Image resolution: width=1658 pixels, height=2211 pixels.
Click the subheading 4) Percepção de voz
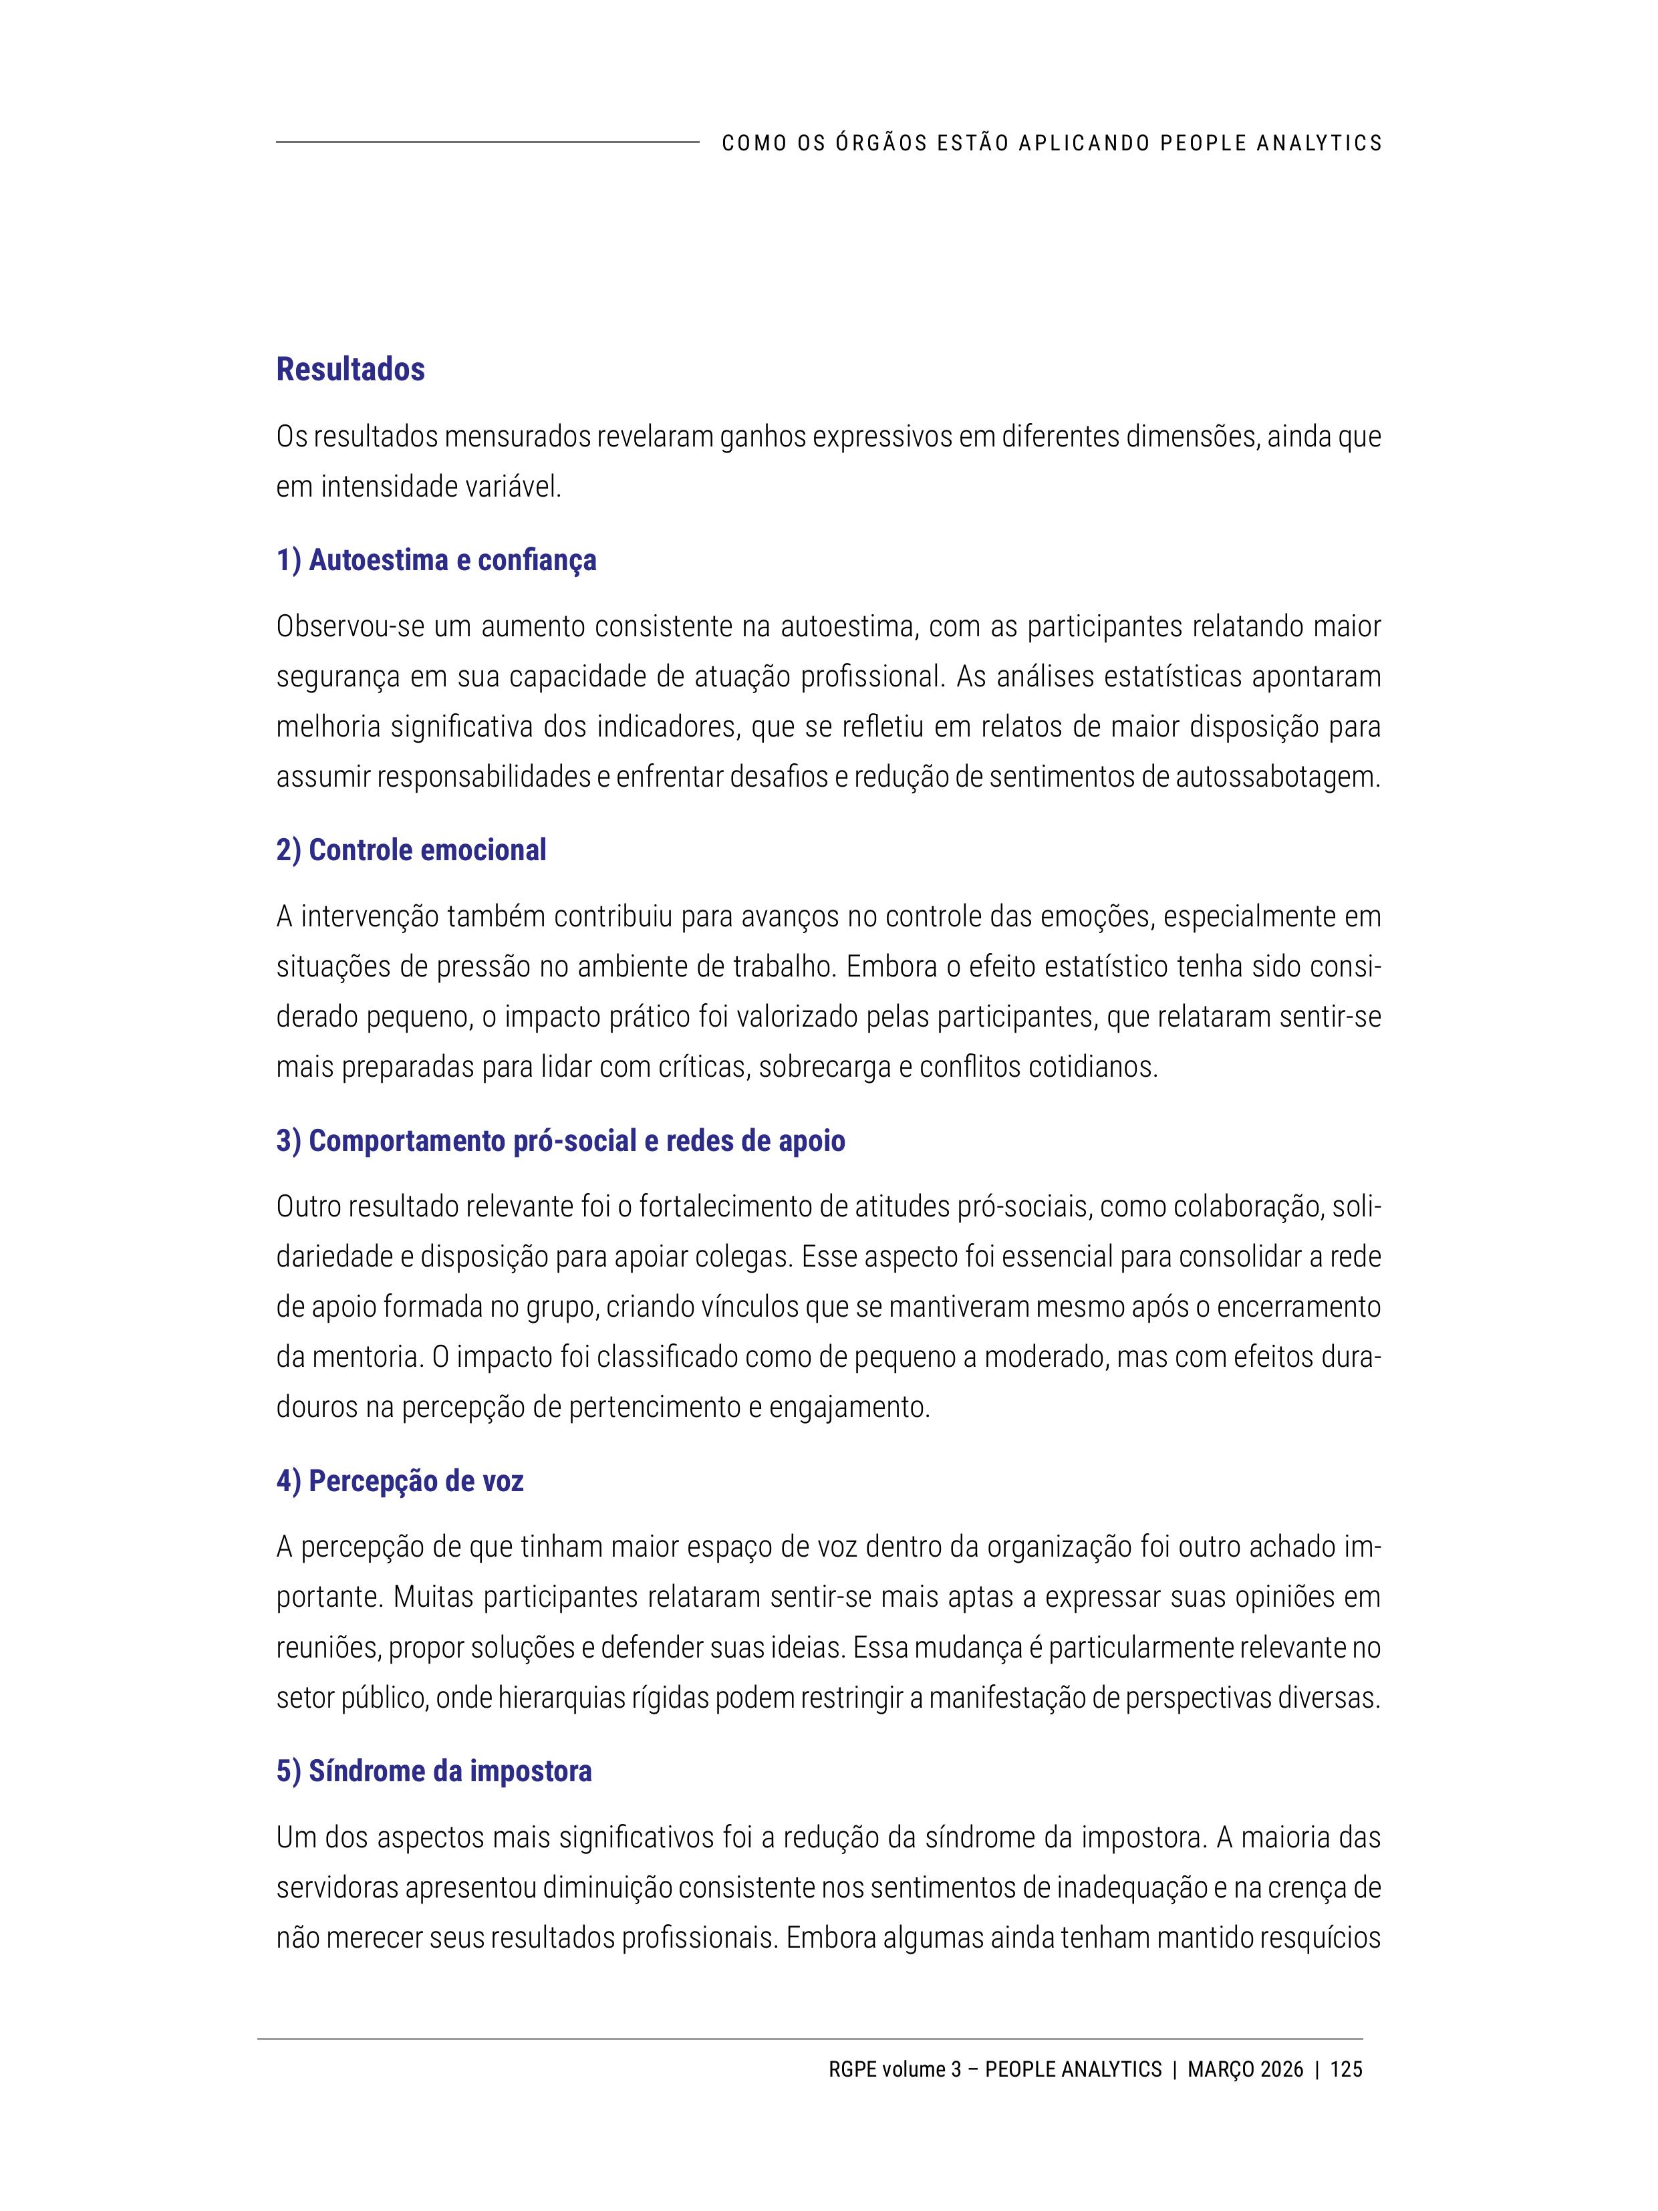coord(400,1480)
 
